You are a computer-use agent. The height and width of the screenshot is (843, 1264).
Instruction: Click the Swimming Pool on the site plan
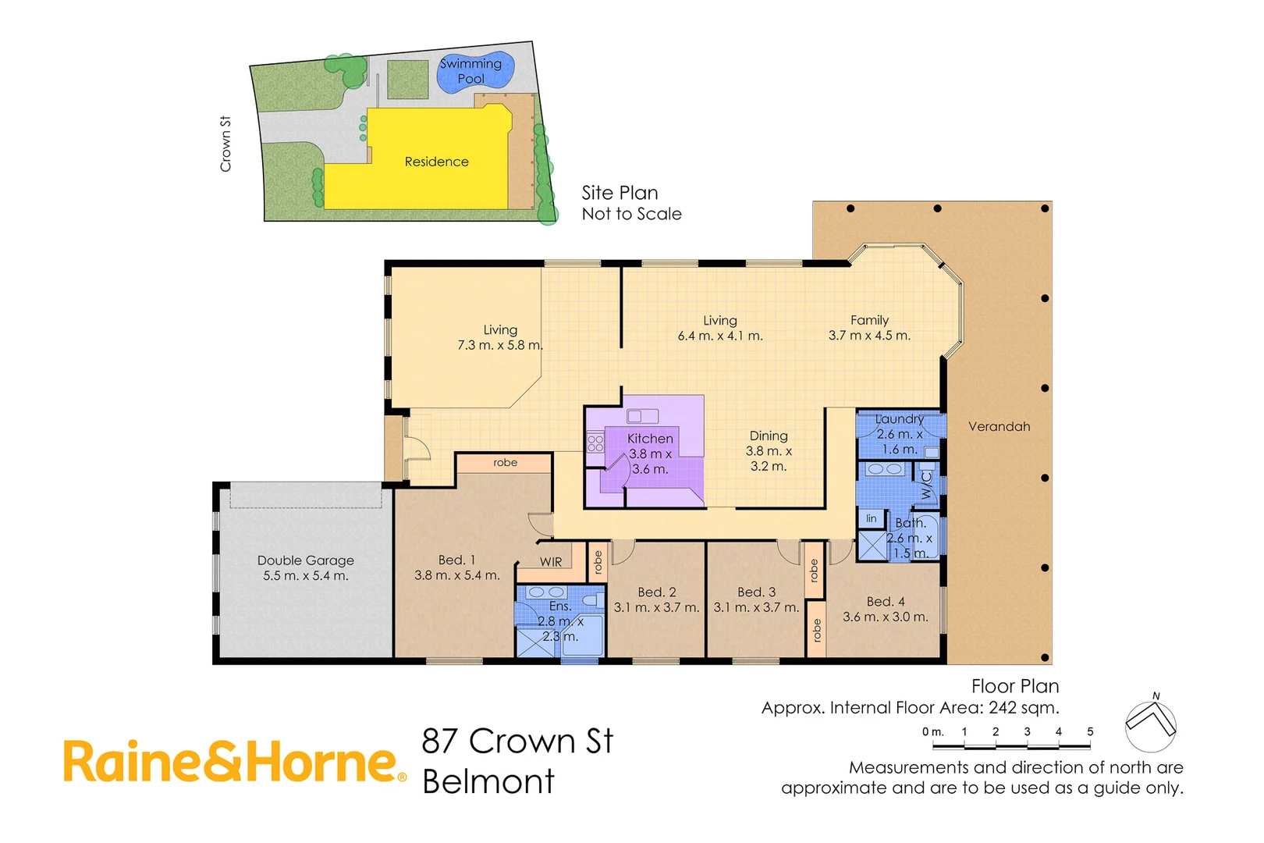coord(473,71)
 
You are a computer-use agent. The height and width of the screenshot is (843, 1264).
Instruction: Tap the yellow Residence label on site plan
coord(436,162)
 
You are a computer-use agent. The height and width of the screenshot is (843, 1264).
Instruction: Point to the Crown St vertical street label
coord(225,144)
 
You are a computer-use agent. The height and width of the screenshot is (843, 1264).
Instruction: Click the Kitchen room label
coord(649,439)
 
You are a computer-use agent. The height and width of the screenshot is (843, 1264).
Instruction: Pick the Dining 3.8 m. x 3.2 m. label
coord(768,450)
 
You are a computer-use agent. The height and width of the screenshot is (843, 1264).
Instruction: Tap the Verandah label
coord(999,426)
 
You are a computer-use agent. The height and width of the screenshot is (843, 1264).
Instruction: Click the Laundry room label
coord(899,419)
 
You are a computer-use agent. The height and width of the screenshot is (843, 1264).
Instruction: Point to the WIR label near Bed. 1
coord(550,562)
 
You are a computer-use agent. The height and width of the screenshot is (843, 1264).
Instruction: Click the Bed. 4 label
coord(886,602)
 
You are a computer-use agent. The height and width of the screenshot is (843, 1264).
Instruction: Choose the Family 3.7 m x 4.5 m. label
coord(869,328)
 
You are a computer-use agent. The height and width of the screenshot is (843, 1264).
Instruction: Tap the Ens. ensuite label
coord(559,606)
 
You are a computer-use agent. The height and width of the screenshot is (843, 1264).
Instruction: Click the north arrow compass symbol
coord(1150,723)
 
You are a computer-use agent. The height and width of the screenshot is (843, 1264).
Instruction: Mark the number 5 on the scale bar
coord(1090,732)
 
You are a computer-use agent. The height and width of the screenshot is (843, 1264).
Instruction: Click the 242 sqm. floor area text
coord(1024,708)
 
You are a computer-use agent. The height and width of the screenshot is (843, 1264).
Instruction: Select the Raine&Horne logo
coord(234,763)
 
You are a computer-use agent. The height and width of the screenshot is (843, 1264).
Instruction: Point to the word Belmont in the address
coord(488,781)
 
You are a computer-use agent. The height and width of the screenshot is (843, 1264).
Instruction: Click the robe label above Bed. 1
coord(505,463)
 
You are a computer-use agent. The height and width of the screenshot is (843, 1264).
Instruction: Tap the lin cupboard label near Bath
coord(872,518)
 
